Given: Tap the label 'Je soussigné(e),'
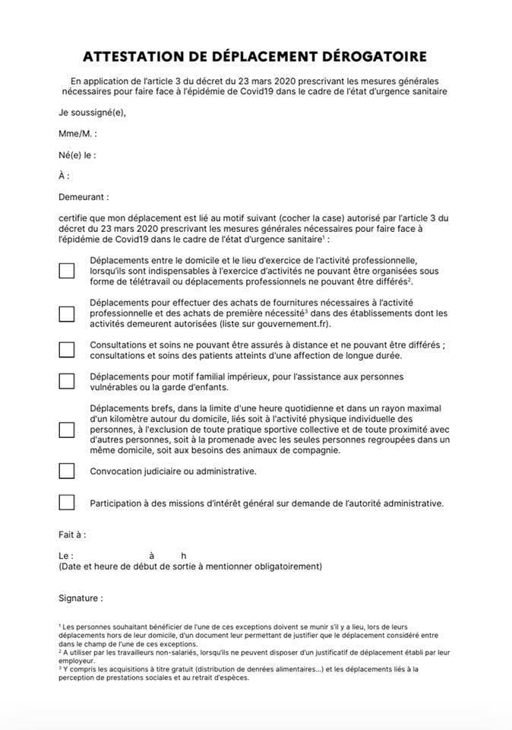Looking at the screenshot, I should (92, 113).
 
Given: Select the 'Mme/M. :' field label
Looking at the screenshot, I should (77, 134).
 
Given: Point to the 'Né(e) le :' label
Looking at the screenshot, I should (77, 155).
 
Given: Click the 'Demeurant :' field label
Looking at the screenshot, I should (84, 197).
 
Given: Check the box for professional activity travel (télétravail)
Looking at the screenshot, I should (67, 271).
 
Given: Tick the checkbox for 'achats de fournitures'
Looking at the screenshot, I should (67, 313).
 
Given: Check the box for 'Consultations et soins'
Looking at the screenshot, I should (67, 350).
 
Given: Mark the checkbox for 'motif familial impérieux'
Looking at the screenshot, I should (67, 381).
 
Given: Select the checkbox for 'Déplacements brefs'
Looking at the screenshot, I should (67, 430).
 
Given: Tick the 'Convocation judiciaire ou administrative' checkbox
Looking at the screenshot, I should (67, 471).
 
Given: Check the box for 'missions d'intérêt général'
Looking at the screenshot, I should (67, 503).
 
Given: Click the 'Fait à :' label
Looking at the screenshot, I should (72, 535).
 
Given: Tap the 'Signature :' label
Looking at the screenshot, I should (81, 598).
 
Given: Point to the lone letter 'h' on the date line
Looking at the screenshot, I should (184, 556).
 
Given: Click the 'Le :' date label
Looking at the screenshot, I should (66, 556).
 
